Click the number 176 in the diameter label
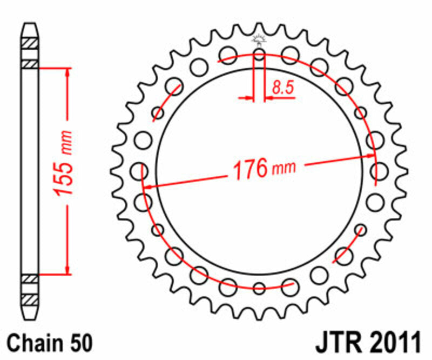(x=251, y=170)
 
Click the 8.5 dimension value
(x=283, y=88)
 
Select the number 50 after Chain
(x=80, y=343)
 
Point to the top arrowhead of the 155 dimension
(x=67, y=72)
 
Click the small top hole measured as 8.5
(x=259, y=55)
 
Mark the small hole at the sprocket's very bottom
(x=259, y=288)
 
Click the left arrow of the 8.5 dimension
(x=249, y=98)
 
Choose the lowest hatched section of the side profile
(x=30, y=298)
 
